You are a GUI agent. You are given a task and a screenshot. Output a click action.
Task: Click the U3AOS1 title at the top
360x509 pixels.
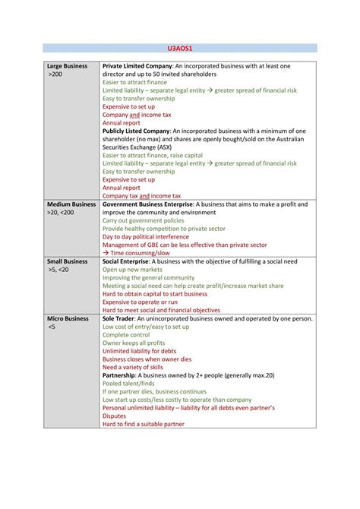tap(179, 48)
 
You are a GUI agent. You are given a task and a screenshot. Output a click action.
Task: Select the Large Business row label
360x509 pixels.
tap(68, 67)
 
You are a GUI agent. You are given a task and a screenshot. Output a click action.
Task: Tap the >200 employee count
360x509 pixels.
tap(55, 75)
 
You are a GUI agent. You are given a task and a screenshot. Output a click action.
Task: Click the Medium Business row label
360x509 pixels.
tap(71, 204)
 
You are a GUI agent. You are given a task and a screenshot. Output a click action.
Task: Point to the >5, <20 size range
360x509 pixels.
tap(58, 270)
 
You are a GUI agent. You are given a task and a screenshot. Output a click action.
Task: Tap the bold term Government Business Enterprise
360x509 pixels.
tap(147, 204)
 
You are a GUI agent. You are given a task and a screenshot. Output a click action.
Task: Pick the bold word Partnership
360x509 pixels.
tap(122, 375)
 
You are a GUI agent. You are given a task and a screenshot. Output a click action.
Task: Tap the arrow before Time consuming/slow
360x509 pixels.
tap(106, 253)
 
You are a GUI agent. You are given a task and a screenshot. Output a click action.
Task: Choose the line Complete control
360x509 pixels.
tap(126, 334)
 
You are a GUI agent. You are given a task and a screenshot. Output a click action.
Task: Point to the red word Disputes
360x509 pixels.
tap(115, 416)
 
